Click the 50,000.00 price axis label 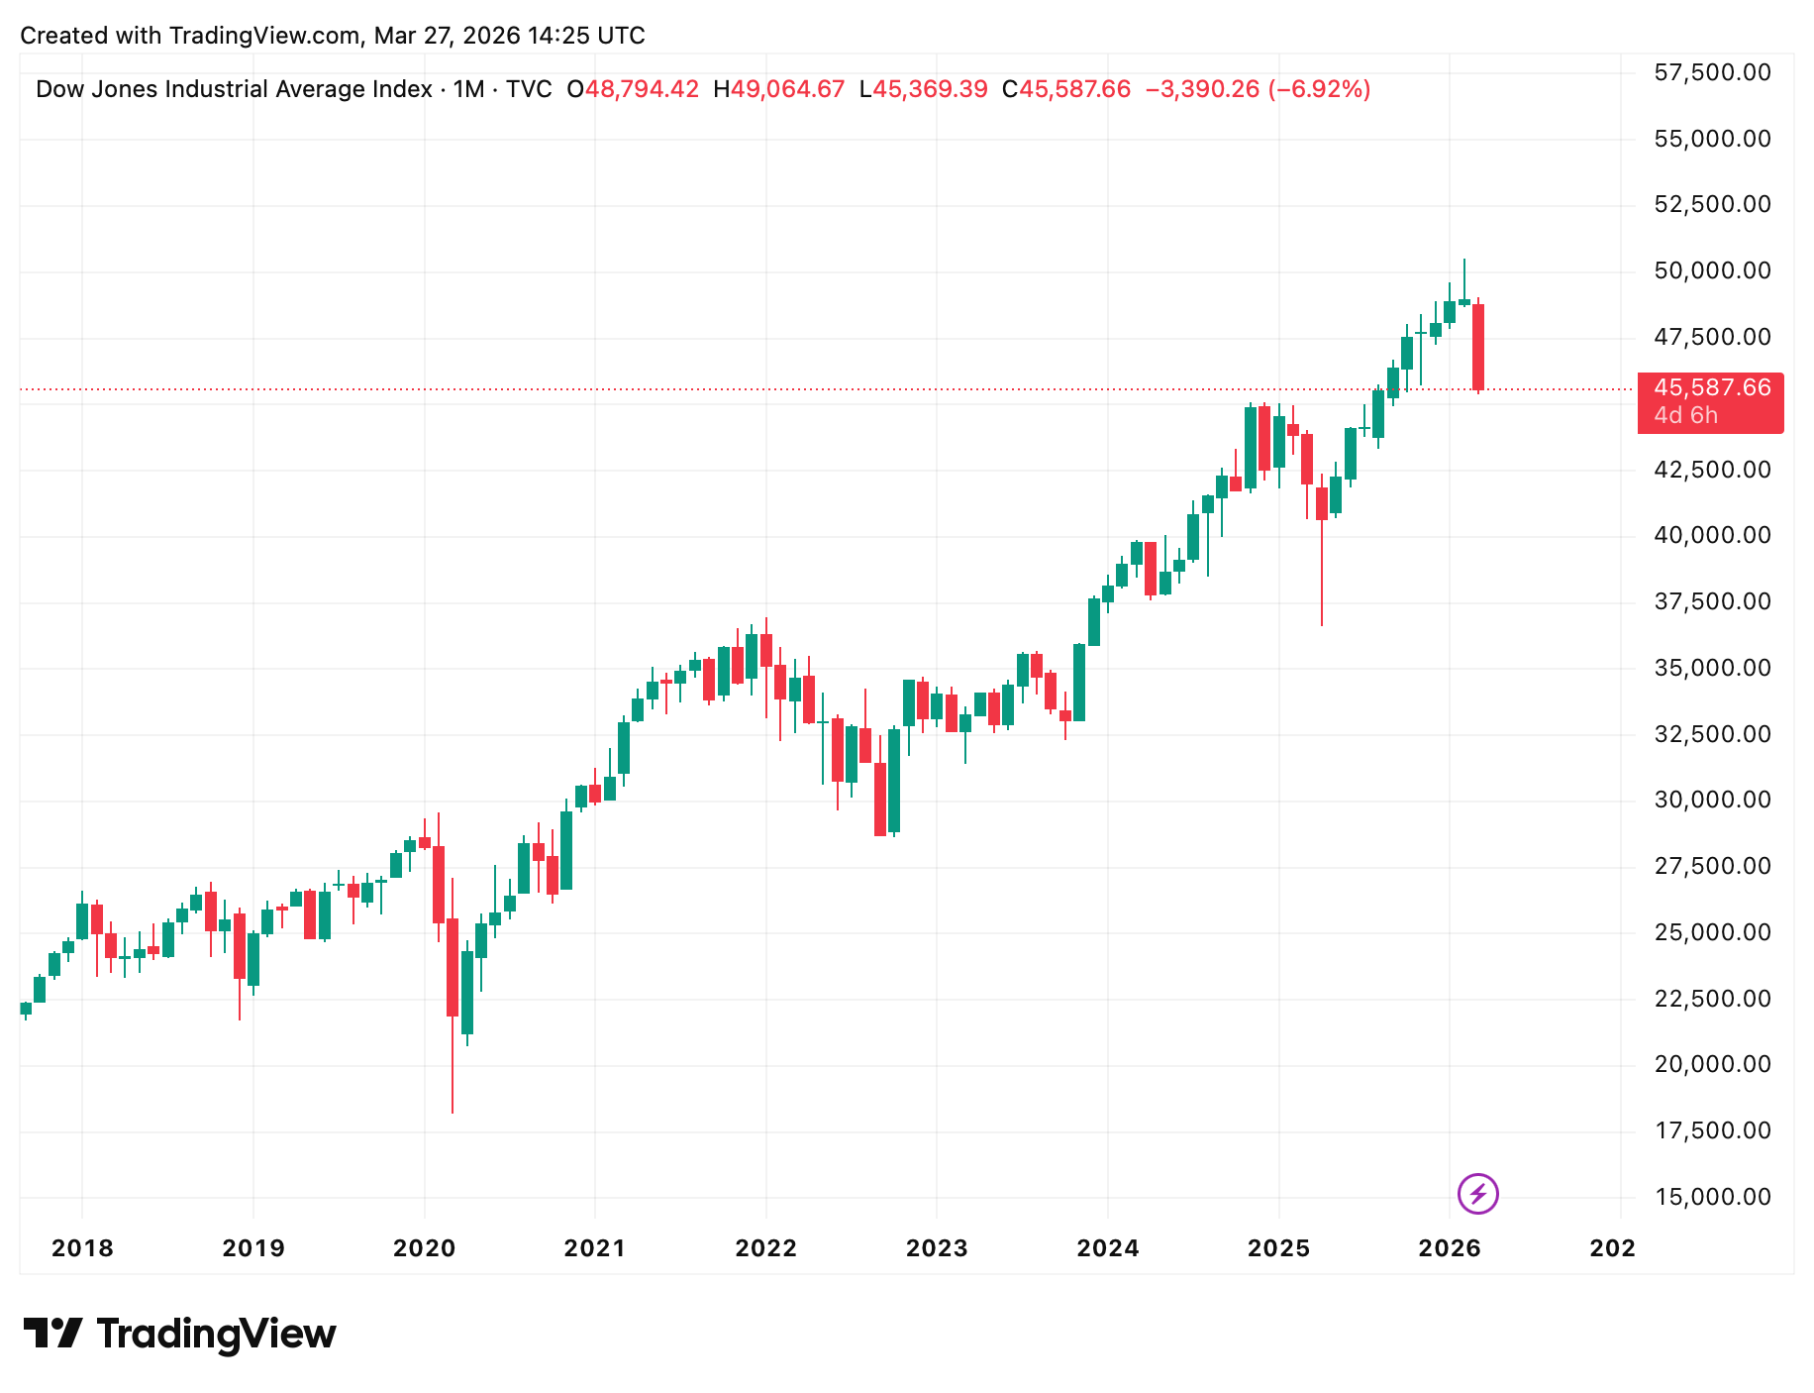coord(1712,270)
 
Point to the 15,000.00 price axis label coord(1712,1197)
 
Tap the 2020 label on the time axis coord(424,1248)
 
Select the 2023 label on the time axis coord(937,1248)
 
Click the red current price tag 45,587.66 coord(1711,388)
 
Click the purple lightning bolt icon coord(1478,1193)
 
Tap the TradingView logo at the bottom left coord(179,1334)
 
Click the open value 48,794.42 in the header coord(642,89)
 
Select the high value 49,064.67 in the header coord(787,89)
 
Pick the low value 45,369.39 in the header coord(930,89)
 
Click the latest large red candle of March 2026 coord(1478,347)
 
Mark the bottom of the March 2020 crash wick coord(453,1110)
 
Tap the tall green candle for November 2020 coord(566,850)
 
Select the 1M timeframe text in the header coord(468,89)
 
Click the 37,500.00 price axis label coord(1712,601)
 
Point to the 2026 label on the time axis coord(1450,1248)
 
